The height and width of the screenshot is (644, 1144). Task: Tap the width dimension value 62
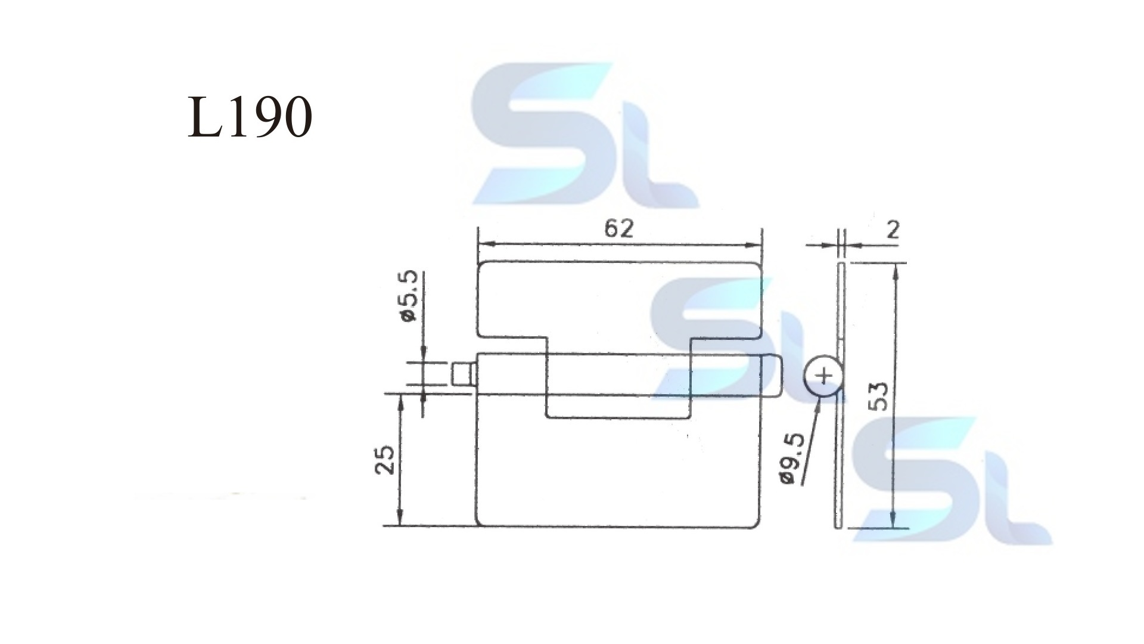618,229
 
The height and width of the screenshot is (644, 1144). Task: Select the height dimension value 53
878,395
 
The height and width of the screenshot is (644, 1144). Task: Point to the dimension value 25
385,459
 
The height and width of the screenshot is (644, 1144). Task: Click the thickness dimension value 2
893,230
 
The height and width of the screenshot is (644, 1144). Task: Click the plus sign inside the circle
824,376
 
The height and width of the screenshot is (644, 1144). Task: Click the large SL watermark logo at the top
586,135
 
